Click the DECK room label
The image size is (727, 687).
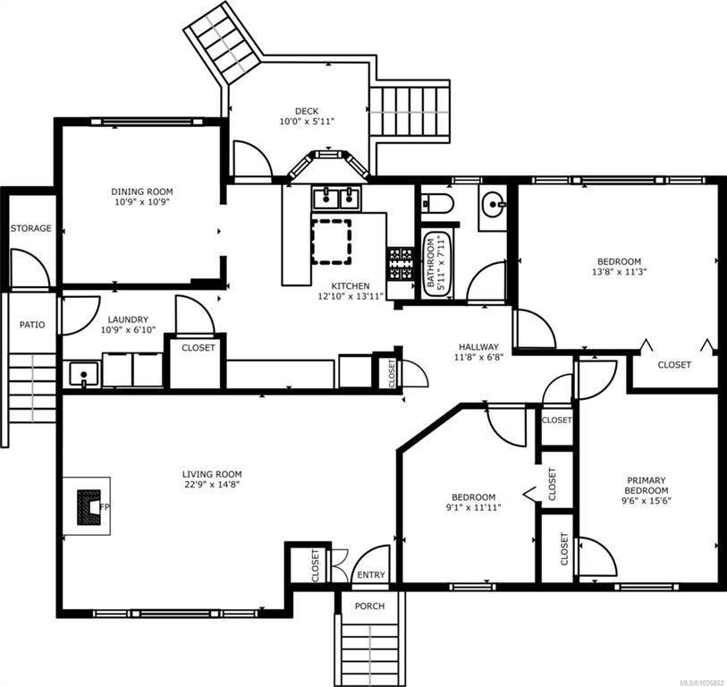pyautogui.click(x=307, y=111)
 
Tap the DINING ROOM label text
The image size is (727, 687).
pyautogui.click(x=142, y=191)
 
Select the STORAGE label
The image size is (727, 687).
pyautogui.click(x=31, y=228)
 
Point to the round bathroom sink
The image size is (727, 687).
pyautogui.click(x=493, y=205)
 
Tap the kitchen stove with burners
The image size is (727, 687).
pyautogui.click(x=400, y=265)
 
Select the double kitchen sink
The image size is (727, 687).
pyautogui.click(x=336, y=199)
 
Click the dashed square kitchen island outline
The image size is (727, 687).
pyautogui.click(x=331, y=242)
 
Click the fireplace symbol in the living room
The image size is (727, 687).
pyautogui.click(x=89, y=507)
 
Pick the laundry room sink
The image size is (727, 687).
pyautogui.click(x=83, y=375)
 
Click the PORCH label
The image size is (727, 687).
pyautogui.click(x=369, y=606)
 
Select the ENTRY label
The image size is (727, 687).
pyautogui.click(x=371, y=575)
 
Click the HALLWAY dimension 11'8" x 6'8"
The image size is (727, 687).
pyautogui.click(x=479, y=357)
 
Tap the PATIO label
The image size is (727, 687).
pyautogui.click(x=32, y=325)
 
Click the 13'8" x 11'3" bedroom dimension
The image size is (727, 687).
pyautogui.click(x=619, y=272)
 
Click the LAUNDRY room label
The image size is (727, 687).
pyautogui.click(x=128, y=319)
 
